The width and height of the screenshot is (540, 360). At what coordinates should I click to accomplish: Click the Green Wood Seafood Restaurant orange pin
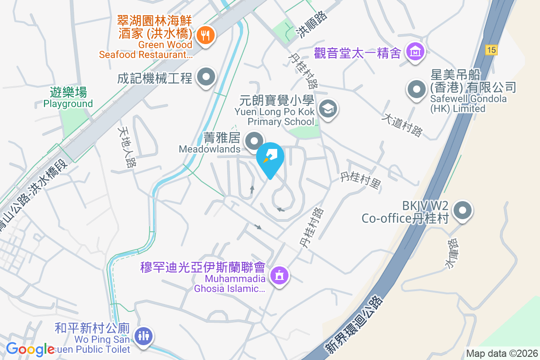205,34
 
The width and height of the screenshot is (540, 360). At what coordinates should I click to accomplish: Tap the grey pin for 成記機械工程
206,77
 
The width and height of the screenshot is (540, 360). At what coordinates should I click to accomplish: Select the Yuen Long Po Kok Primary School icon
328,109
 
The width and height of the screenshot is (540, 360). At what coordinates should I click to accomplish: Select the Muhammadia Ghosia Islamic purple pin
279,275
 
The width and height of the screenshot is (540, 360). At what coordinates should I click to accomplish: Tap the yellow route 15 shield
491,50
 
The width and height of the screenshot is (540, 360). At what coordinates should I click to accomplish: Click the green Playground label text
68,103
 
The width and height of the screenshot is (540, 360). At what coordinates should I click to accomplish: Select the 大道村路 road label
402,125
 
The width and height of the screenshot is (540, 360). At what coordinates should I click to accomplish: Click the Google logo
31,349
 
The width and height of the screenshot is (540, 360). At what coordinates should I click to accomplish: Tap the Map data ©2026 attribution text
502,353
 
